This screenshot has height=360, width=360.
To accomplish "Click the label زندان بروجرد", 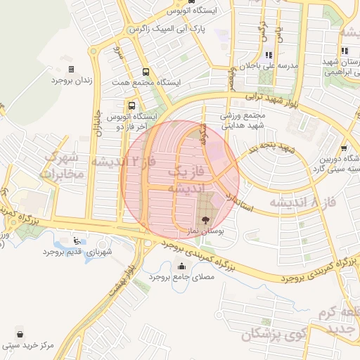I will (72, 81).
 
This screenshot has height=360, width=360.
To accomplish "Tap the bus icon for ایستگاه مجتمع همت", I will (146, 72).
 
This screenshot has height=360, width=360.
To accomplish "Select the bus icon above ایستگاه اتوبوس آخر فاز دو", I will (132, 105).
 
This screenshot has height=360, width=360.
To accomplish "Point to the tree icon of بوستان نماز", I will (205, 221).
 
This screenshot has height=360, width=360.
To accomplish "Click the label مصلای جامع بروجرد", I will (182, 277).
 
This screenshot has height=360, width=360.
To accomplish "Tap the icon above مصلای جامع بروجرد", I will (182, 266).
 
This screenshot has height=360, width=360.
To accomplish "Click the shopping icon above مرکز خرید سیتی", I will (22, 334).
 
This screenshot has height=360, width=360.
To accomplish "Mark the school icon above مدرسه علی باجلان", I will (268, 55).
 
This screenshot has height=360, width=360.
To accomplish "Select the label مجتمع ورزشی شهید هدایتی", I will (243, 120).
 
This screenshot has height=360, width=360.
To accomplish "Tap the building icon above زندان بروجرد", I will (72, 69).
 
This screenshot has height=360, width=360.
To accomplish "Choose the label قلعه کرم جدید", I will (340, 320).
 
